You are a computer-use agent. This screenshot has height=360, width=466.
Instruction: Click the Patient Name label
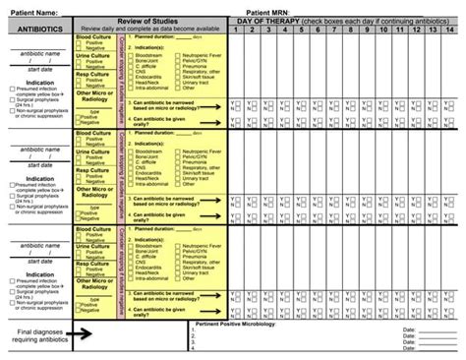pos(33,12)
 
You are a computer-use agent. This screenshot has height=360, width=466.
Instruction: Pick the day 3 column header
pos(271,30)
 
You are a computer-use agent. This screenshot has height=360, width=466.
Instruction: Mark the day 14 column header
pos(457,30)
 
